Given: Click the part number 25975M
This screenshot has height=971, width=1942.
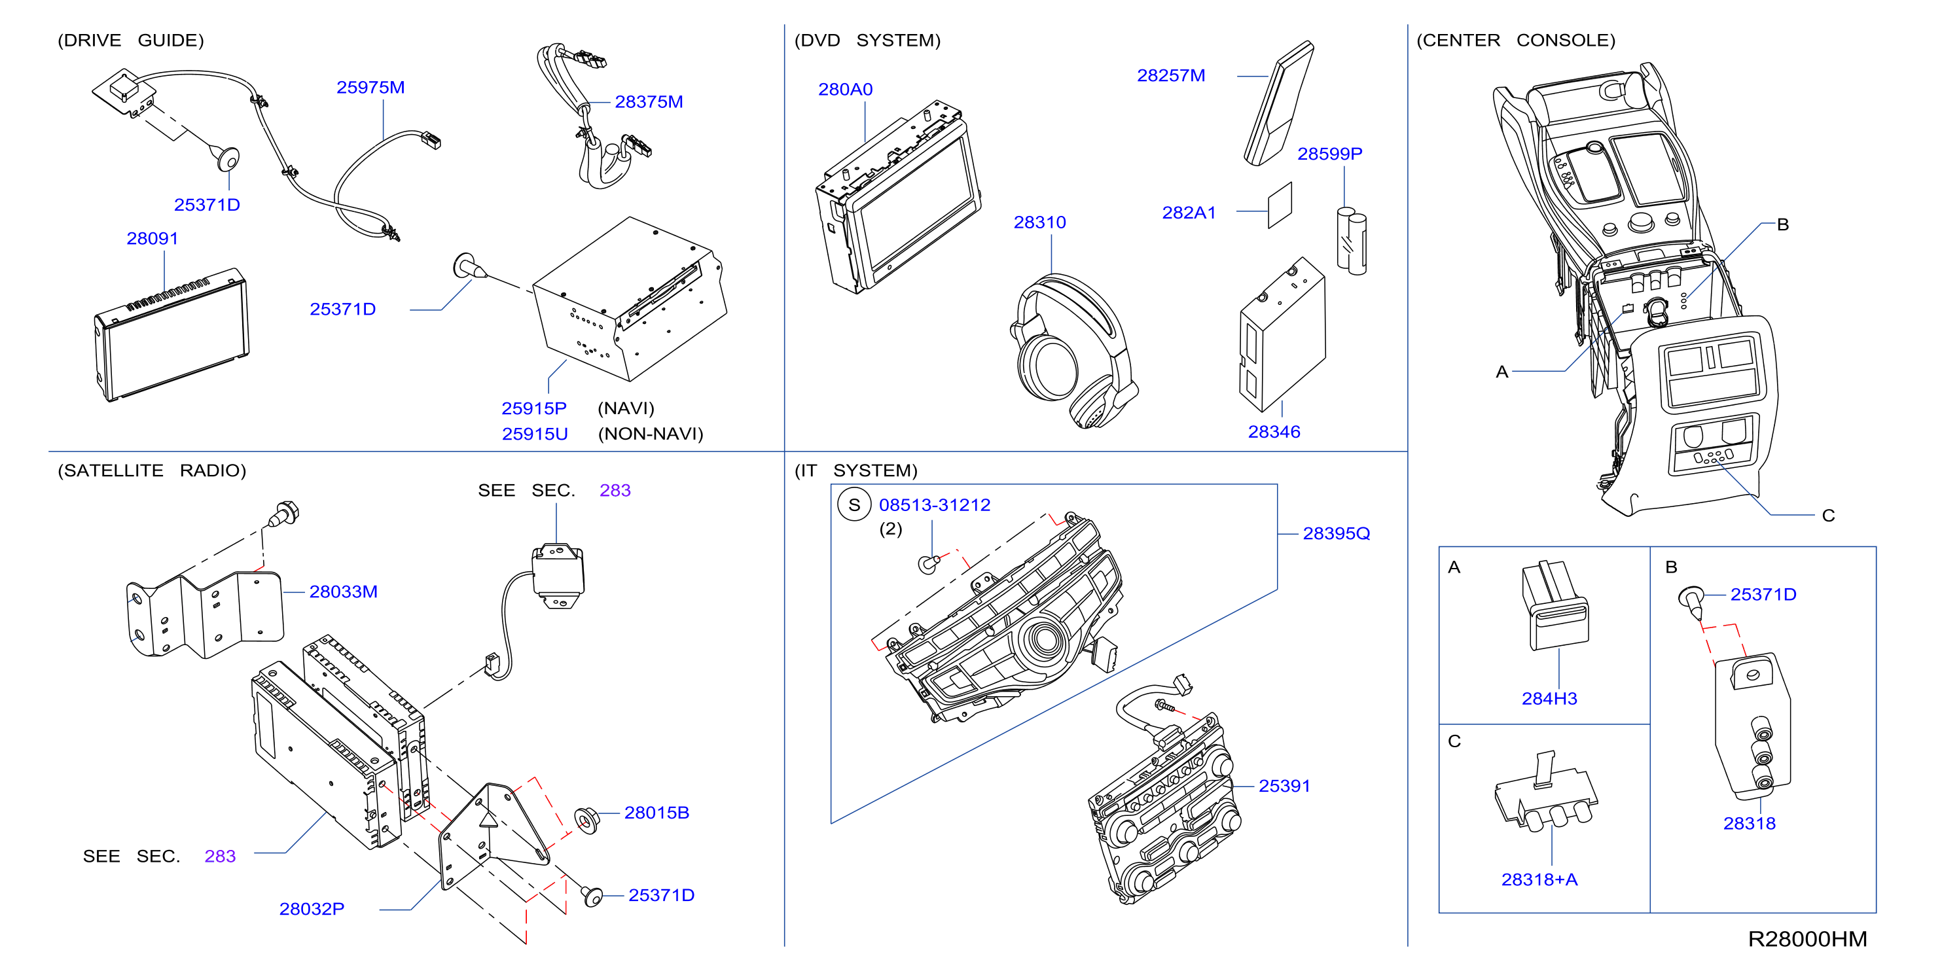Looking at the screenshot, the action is pos(370,88).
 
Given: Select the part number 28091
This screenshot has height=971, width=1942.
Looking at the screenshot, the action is pos(153,238).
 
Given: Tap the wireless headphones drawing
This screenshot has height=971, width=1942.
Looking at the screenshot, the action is pos(1073,351).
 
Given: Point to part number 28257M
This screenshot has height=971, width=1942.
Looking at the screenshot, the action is pos(1171,75).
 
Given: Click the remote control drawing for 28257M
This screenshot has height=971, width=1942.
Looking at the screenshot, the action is pos(1278,103).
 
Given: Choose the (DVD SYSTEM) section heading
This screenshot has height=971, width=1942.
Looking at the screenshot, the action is pos(867,40).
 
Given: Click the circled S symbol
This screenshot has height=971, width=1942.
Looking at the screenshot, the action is pos(854,505).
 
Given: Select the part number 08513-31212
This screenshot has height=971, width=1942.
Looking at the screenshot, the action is pos(935,505).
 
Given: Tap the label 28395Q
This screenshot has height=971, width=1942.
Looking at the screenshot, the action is pos(1336,534).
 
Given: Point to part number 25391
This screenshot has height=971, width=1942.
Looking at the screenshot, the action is pos(1285,786).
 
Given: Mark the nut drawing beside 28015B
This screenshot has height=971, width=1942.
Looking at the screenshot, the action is pos(586,819).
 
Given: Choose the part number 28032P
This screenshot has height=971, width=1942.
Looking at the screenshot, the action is pos(312,909).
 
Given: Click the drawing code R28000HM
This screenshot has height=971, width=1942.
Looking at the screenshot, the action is pos(1807,940).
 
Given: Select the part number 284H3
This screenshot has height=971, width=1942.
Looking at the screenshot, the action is pos(1549,699).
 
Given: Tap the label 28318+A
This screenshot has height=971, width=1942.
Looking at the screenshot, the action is pos(1539,880).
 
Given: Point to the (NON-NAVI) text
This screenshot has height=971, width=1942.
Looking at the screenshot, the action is pos(650,434).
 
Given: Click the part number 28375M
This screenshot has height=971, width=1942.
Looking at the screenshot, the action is pos(649,102).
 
